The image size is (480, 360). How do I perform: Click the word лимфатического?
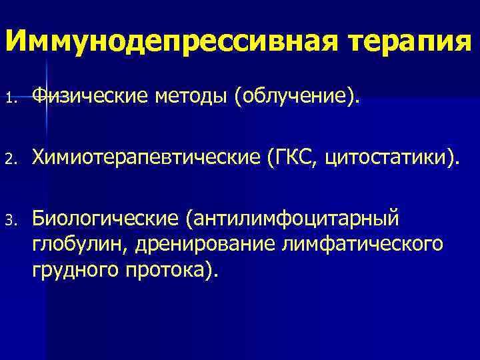click(x=363, y=243)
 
